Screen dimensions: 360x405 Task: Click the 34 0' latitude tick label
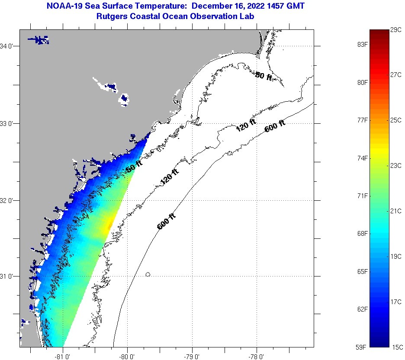tap(9, 46)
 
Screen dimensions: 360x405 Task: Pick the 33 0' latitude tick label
tap(9, 123)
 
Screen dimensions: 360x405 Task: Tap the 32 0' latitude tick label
tap(9, 200)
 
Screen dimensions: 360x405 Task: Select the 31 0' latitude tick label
tap(9, 276)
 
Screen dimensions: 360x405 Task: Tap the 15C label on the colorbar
tap(397, 347)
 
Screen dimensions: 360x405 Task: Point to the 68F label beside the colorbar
tap(362, 234)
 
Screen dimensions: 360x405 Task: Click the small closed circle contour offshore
tap(148, 274)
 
